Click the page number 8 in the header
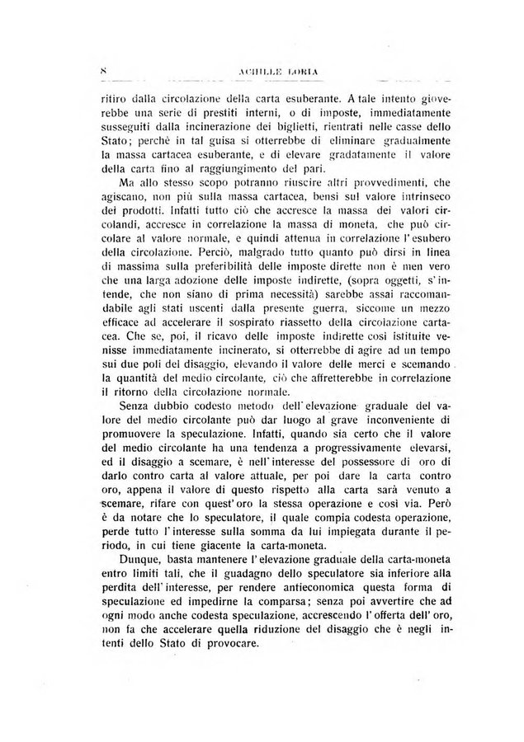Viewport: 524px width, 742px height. click(103, 72)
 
